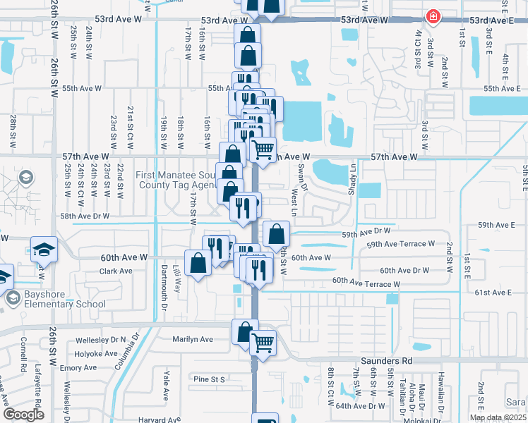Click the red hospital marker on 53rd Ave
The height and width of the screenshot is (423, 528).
[x=433, y=17]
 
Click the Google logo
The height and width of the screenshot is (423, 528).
[x=23, y=415]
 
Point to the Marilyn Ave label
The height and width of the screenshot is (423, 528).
[x=193, y=339]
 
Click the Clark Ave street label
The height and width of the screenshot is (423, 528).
[x=116, y=271]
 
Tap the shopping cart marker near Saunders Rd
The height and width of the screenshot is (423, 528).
[x=263, y=343]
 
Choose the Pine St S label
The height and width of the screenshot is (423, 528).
[x=209, y=379]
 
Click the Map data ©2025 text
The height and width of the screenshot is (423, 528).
[x=498, y=417]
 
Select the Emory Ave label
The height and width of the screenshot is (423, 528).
[x=78, y=368]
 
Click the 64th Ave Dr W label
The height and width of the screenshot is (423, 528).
[x=360, y=406]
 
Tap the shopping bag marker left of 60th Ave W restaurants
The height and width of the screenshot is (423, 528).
[x=199, y=263]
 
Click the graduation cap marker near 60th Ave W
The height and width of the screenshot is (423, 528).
[x=44, y=250]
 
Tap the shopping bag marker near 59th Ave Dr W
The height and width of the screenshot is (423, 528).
[x=277, y=233]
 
